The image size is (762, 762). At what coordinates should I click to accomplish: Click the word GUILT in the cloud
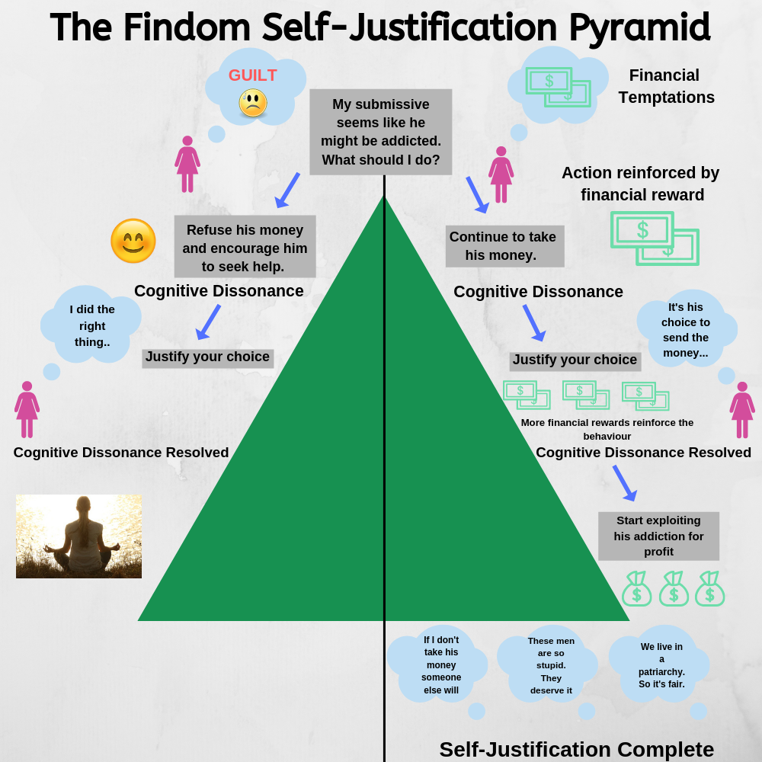pos(252,75)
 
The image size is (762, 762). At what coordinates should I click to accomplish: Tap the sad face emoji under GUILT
pos(253,103)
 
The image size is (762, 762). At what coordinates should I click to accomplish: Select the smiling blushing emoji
pos(133,242)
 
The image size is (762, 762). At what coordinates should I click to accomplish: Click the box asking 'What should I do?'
pos(380,132)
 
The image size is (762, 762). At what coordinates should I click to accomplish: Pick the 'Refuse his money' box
pos(245,248)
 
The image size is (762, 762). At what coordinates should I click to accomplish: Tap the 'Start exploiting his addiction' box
pos(658,536)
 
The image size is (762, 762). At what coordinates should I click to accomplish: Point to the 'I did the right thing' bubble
pos(92,325)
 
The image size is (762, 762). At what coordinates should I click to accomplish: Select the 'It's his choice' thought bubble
pos(685,330)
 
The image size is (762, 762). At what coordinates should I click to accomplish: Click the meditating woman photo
pos(78,536)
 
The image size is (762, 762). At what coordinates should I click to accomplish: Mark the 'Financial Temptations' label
pos(666,86)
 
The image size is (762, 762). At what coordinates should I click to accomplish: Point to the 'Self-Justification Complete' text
pos(576,749)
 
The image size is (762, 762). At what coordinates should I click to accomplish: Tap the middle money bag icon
pos(674,588)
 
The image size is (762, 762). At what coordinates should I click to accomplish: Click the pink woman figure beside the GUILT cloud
pos(187,164)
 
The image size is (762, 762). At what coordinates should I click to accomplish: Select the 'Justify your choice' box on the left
pos(207,357)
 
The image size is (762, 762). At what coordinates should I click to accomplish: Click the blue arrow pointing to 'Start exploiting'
pos(624,483)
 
